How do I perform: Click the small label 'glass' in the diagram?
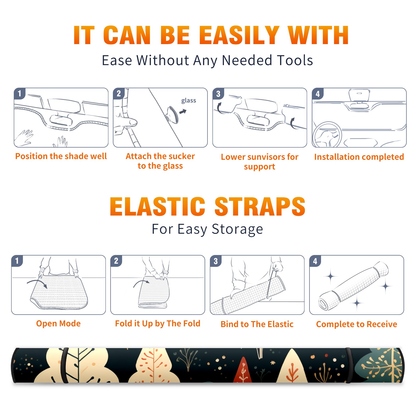[x=189, y=101]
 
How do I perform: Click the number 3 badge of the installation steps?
[x=218, y=94]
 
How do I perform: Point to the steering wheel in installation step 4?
[x=327, y=135]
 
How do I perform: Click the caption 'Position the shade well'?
[x=61, y=156]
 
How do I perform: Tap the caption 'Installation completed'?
[x=359, y=157]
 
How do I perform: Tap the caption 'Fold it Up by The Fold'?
[x=158, y=324]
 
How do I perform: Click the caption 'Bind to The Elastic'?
[x=257, y=324]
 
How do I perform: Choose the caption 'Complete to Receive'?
[x=357, y=324]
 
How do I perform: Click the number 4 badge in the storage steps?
[x=315, y=261]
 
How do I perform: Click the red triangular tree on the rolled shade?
[x=243, y=370]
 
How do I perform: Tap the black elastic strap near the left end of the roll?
[x=64, y=365]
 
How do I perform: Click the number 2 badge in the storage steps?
[x=116, y=261]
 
